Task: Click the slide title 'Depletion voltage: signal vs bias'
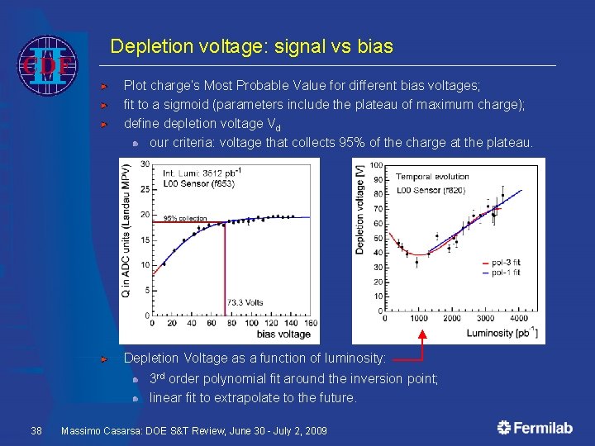[251, 47]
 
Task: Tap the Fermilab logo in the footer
[536, 428]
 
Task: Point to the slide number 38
[36, 431]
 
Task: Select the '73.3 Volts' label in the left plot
[245, 303]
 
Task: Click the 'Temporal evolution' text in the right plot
[431, 177]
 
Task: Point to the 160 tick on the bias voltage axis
[309, 323]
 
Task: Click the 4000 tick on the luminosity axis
[518, 318]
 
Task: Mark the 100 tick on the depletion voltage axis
[375, 165]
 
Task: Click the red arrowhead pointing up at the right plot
[422, 336]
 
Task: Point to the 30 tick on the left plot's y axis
[145, 164]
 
